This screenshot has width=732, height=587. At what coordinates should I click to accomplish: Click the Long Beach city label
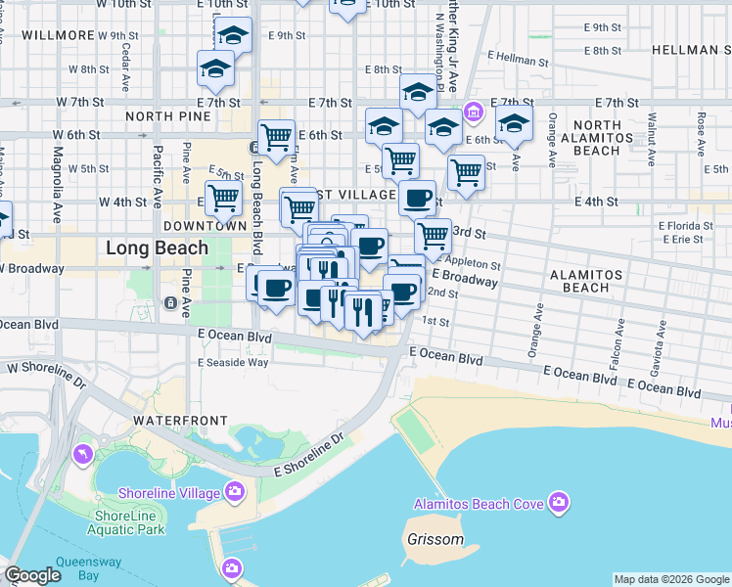point(157,248)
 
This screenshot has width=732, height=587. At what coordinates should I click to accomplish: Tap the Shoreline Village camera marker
point(234,490)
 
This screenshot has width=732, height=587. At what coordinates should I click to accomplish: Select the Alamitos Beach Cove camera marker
point(559,503)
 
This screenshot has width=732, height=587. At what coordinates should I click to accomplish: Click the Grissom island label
point(435,539)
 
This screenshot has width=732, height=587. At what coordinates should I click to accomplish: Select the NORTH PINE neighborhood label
point(168,116)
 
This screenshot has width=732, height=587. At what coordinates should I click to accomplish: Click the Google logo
point(33,575)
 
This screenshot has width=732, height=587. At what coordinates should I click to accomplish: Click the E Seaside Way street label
point(233,362)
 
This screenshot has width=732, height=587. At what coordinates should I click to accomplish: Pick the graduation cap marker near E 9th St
point(233,36)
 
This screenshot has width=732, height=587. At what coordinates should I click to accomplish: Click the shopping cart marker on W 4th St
point(224,198)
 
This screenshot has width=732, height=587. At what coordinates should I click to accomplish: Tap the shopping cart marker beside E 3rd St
point(432,234)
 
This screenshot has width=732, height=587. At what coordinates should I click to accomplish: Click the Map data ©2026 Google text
point(670,579)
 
